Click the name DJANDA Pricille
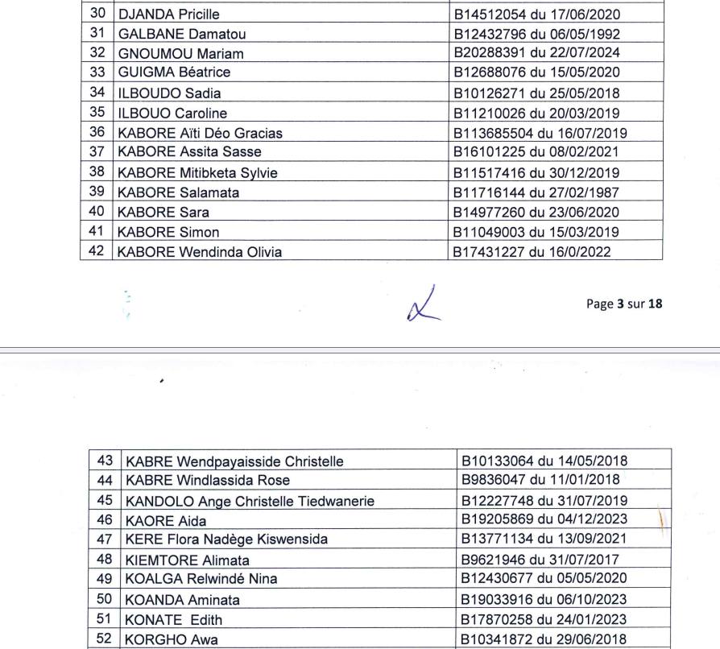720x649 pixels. coord(168,14)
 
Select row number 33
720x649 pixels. coord(98,72)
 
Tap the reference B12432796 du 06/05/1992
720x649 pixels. coord(537,34)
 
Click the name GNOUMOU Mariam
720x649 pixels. coord(180,54)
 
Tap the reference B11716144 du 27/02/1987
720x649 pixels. coord(537,193)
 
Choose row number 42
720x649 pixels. coord(98,252)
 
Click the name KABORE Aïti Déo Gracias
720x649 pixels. coord(201,133)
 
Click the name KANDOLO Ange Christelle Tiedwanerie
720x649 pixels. coord(250,501)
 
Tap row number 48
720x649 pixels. coord(105,560)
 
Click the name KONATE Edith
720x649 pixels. coord(172,620)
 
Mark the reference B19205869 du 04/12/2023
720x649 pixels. coord(544,520)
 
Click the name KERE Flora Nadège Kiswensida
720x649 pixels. coord(226,539)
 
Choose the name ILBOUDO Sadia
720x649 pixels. coord(169,93)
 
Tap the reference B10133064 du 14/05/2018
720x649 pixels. coord(544,461)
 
